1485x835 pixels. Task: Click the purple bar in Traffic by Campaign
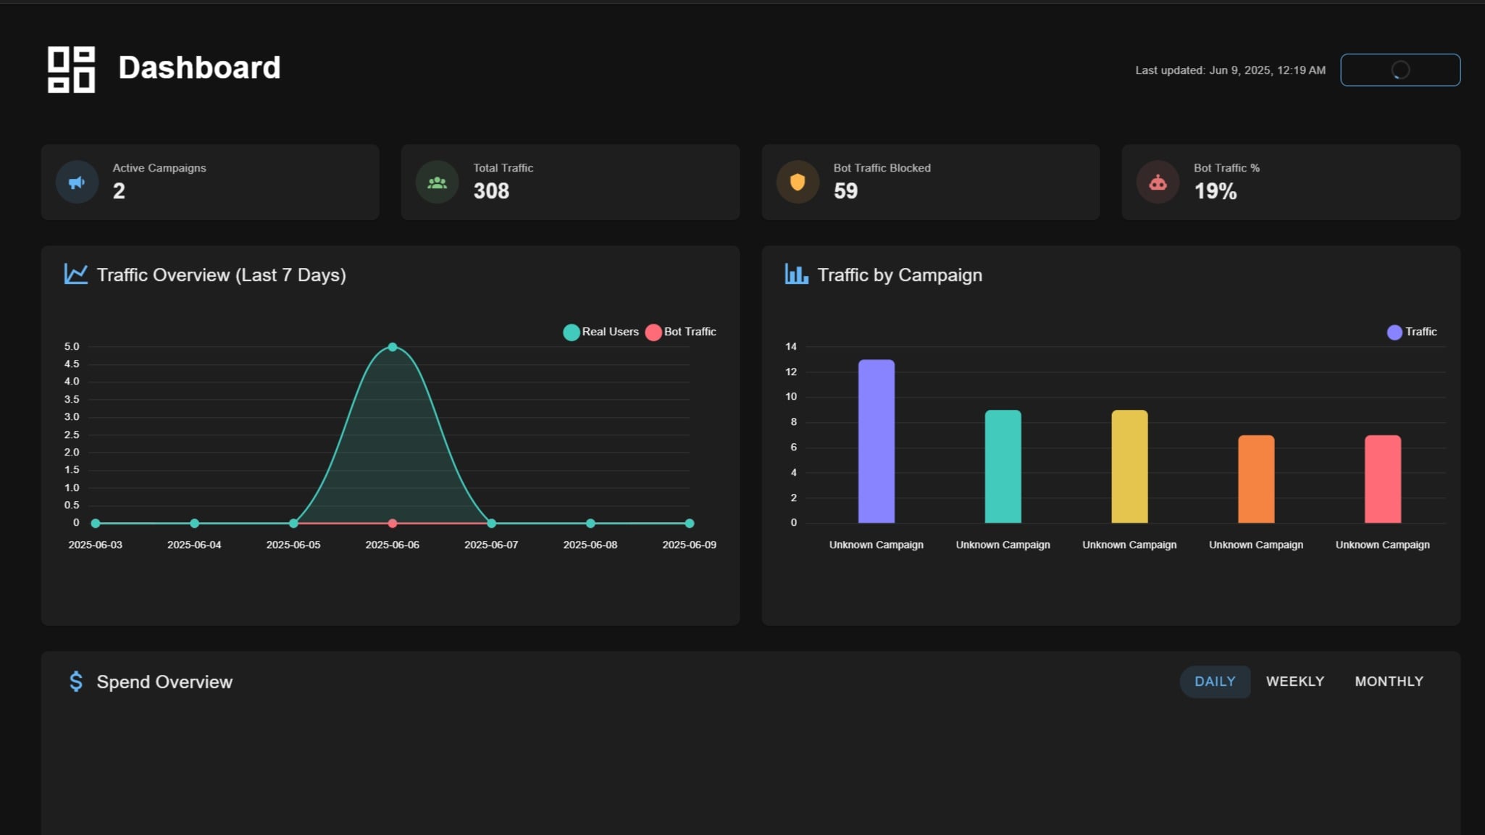click(x=876, y=441)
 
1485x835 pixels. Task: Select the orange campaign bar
click(x=1256, y=479)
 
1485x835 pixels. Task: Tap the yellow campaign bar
click(x=1129, y=466)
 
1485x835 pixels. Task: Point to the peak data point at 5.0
click(x=393, y=347)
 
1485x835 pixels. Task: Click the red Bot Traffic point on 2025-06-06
click(x=393, y=523)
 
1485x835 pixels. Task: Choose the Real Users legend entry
click(x=601, y=332)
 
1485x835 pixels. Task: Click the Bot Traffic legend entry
click(x=681, y=332)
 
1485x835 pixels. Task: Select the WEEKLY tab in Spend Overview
click(x=1294, y=681)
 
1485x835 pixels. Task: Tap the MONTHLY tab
click(x=1389, y=681)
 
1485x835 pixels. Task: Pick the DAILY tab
click(x=1215, y=681)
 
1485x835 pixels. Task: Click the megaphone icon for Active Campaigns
click(x=77, y=182)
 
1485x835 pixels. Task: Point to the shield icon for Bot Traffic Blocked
click(x=798, y=182)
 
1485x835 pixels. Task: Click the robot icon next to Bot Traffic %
click(x=1158, y=182)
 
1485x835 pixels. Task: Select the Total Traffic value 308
click(x=491, y=191)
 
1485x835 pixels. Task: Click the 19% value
click(x=1215, y=191)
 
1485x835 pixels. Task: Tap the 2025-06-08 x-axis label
click(x=590, y=545)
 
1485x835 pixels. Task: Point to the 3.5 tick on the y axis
click(x=72, y=399)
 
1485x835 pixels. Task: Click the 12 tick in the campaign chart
click(x=791, y=372)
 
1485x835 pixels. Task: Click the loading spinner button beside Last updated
click(x=1400, y=70)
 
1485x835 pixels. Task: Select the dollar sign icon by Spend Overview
click(x=76, y=681)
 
